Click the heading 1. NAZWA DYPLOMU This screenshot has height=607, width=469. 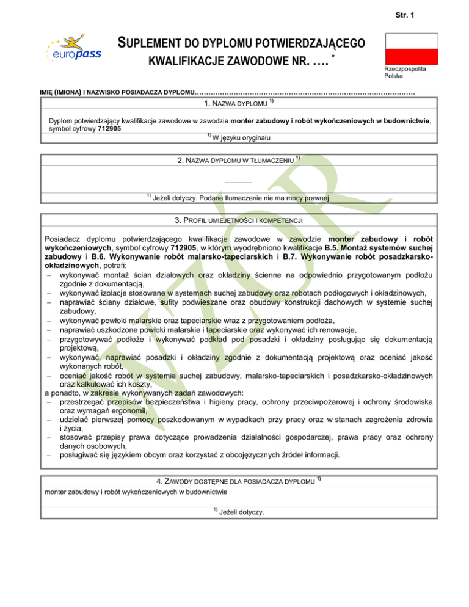234,103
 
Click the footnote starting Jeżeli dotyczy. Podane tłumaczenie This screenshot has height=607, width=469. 242,198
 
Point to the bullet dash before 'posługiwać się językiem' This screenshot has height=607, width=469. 48,454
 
